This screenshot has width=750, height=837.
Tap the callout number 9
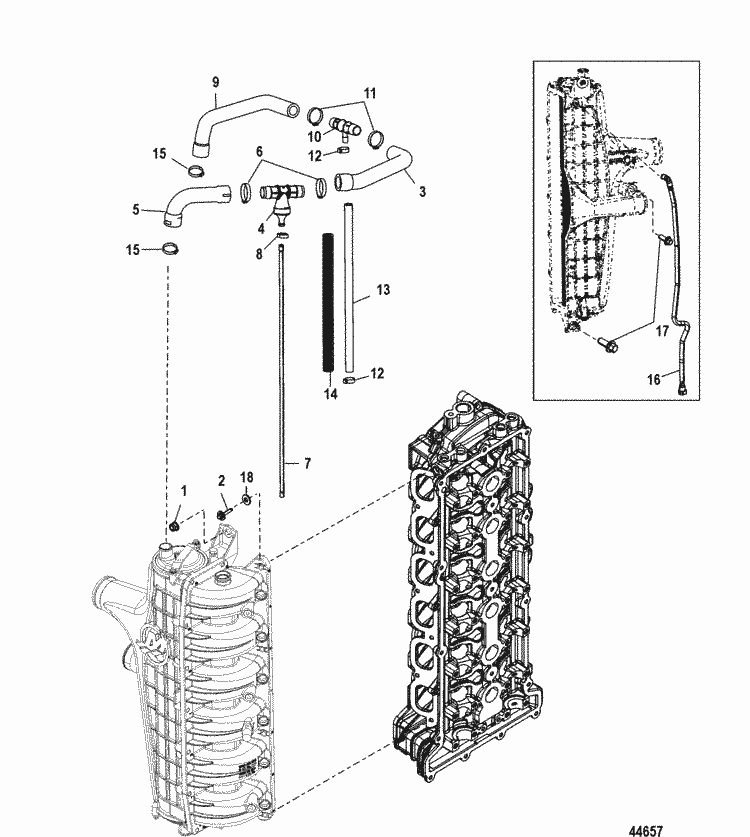tap(214, 80)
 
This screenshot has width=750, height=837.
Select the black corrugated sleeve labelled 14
tap(327, 300)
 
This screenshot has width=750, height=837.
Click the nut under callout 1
tap(175, 525)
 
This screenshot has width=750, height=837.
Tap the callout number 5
tap(136, 210)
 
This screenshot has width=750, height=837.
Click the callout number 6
tap(259, 151)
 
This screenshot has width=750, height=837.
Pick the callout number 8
tap(259, 255)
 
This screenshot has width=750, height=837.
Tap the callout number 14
tap(330, 394)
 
